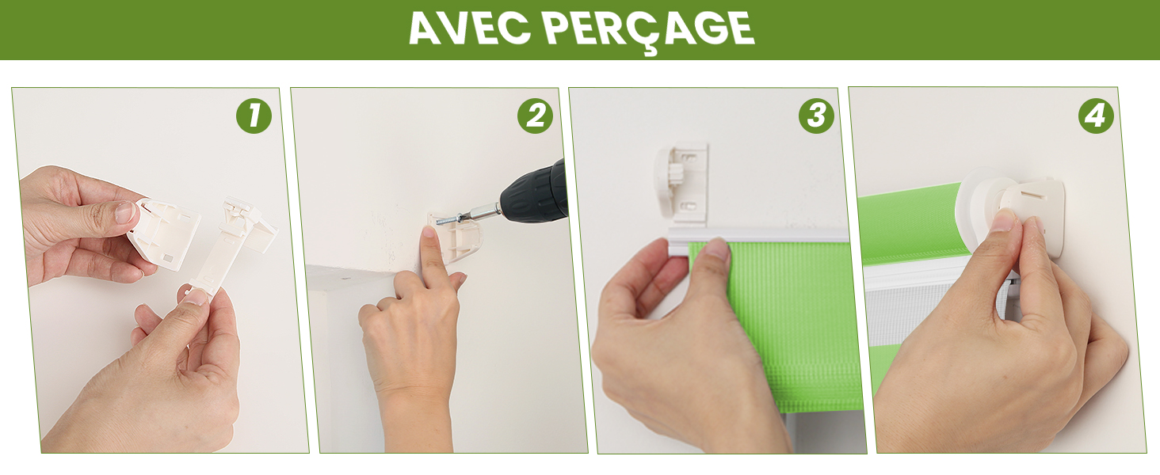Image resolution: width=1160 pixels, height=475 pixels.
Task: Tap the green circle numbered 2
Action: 535,116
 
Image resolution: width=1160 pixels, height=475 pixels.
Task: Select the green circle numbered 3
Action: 816,116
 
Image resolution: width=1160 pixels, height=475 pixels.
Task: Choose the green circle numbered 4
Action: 1096,116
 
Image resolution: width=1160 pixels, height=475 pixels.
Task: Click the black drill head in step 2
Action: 534,192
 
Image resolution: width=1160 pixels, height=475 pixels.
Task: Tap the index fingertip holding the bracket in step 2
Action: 429,232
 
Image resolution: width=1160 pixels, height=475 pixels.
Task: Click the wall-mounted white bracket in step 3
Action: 682,184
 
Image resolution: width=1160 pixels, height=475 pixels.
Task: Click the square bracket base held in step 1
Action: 165,235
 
